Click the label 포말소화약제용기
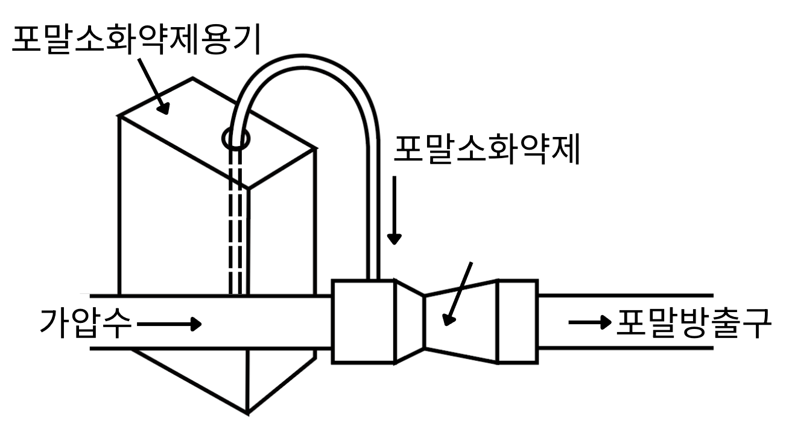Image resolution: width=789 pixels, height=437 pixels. pyautogui.click(x=136, y=39)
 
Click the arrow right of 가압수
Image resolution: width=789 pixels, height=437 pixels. pyautogui.click(x=169, y=324)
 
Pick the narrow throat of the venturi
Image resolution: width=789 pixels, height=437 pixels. pyautogui.click(x=425, y=322)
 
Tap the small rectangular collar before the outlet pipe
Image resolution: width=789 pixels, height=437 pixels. pyautogui.click(x=517, y=321)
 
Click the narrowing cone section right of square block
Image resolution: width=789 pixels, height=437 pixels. pyautogui.click(x=410, y=321)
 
